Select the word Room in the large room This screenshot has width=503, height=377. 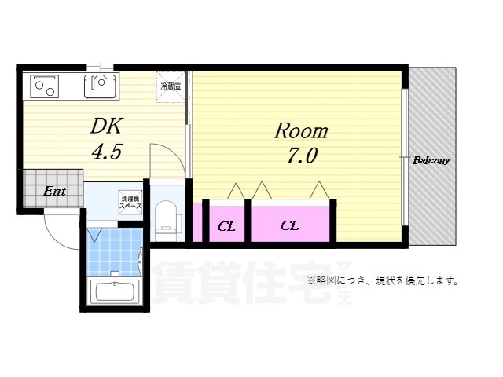pyautogui.click(x=300, y=131)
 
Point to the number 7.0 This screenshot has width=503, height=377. pyautogui.click(x=302, y=156)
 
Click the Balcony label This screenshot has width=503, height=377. pyautogui.click(x=431, y=160)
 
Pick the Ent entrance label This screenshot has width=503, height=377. pyautogui.click(x=53, y=191)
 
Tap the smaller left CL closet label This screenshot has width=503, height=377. pyautogui.click(x=227, y=227)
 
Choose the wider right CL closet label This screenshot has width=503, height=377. pyautogui.click(x=290, y=226)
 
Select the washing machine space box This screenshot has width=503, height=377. pyautogui.click(x=130, y=201)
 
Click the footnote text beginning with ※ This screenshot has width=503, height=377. pyautogui.click(x=383, y=280)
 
